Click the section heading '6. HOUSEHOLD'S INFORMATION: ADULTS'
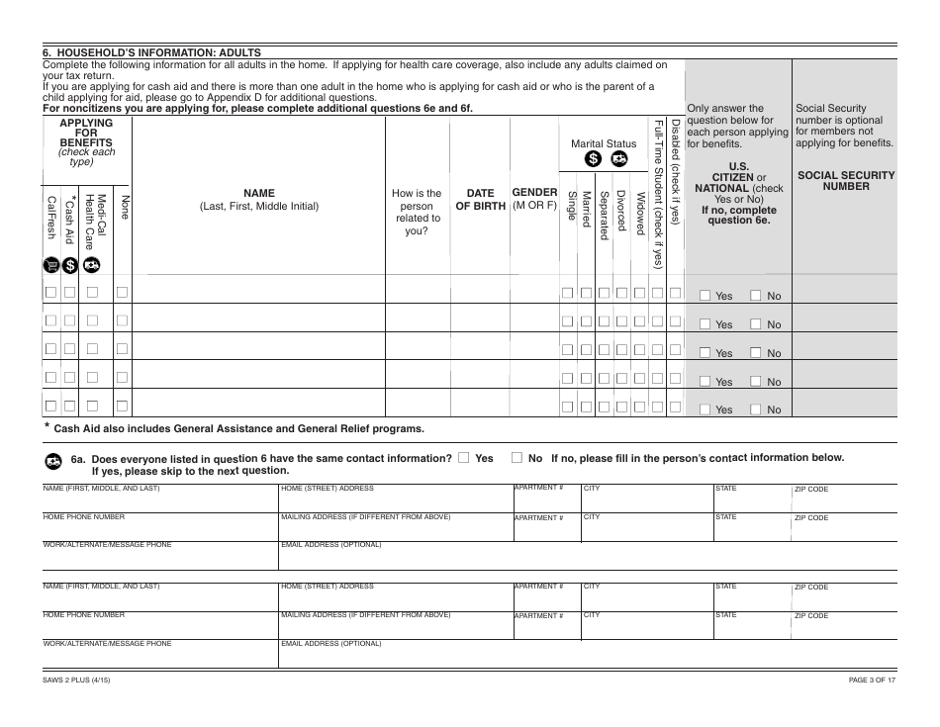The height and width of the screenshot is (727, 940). [x=148, y=52]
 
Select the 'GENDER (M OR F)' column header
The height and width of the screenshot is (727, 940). [x=534, y=198]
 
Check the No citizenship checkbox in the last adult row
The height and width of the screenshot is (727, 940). [x=756, y=409]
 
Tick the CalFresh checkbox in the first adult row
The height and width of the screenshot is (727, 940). [x=50, y=293]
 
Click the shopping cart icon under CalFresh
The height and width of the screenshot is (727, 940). [x=50, y=264]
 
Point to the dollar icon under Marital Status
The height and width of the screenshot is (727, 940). [x=592, y=158]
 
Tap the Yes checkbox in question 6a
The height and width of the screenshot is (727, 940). [x=464, y=458]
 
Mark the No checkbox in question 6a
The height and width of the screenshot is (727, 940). [x=517, y=458]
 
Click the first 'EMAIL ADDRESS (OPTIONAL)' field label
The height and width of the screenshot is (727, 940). [x=331, y=544]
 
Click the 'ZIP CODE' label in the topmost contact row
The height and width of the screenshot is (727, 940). [x=811, y=490]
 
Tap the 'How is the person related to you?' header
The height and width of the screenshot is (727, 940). [x=417, y=212]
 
